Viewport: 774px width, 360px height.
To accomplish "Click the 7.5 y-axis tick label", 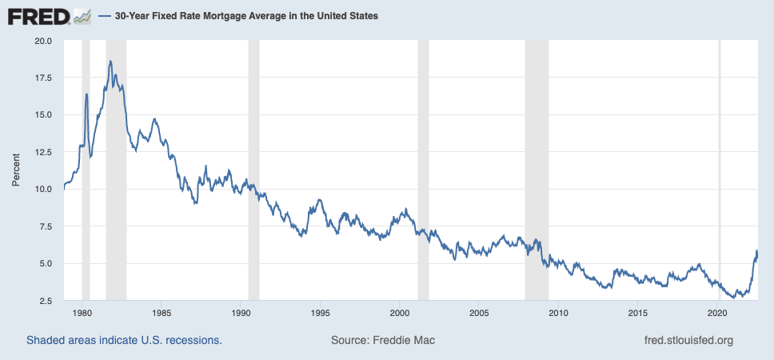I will coord(45,226).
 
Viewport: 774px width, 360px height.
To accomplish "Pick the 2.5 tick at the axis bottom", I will coord(45,301).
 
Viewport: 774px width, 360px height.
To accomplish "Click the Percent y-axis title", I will coord(15,170).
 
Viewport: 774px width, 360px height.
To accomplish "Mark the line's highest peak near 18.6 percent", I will coord(110,61).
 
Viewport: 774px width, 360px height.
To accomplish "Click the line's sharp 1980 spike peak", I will coord(86,94).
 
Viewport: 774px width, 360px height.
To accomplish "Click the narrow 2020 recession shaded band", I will coord(719,168).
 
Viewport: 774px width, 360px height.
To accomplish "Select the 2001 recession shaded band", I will coord(423,168).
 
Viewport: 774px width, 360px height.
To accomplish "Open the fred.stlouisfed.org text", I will coord(688,341).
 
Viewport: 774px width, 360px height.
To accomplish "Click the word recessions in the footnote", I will coord(192,341).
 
